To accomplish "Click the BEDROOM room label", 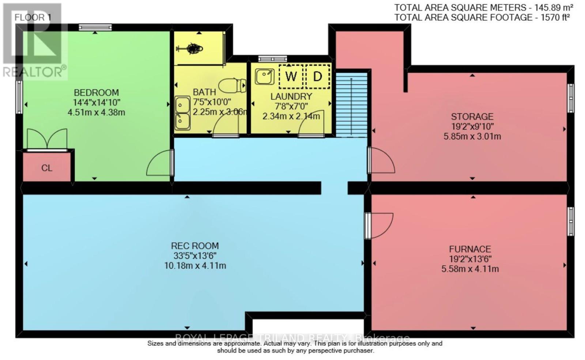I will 96,92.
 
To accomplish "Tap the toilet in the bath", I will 234,85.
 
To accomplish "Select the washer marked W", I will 291,76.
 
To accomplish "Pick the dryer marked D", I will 317,76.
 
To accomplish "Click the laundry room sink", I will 265,76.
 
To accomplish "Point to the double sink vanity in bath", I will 182,113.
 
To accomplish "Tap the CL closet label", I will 47,168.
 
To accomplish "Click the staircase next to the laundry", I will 351,105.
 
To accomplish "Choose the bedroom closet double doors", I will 47,140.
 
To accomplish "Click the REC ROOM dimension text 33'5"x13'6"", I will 195,256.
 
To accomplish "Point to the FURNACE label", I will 470,249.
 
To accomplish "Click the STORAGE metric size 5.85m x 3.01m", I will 472,137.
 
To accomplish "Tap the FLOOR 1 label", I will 33,17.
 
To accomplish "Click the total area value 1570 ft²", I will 555,17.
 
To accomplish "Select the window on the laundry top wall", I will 272,58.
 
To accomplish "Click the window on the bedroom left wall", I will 19,97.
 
